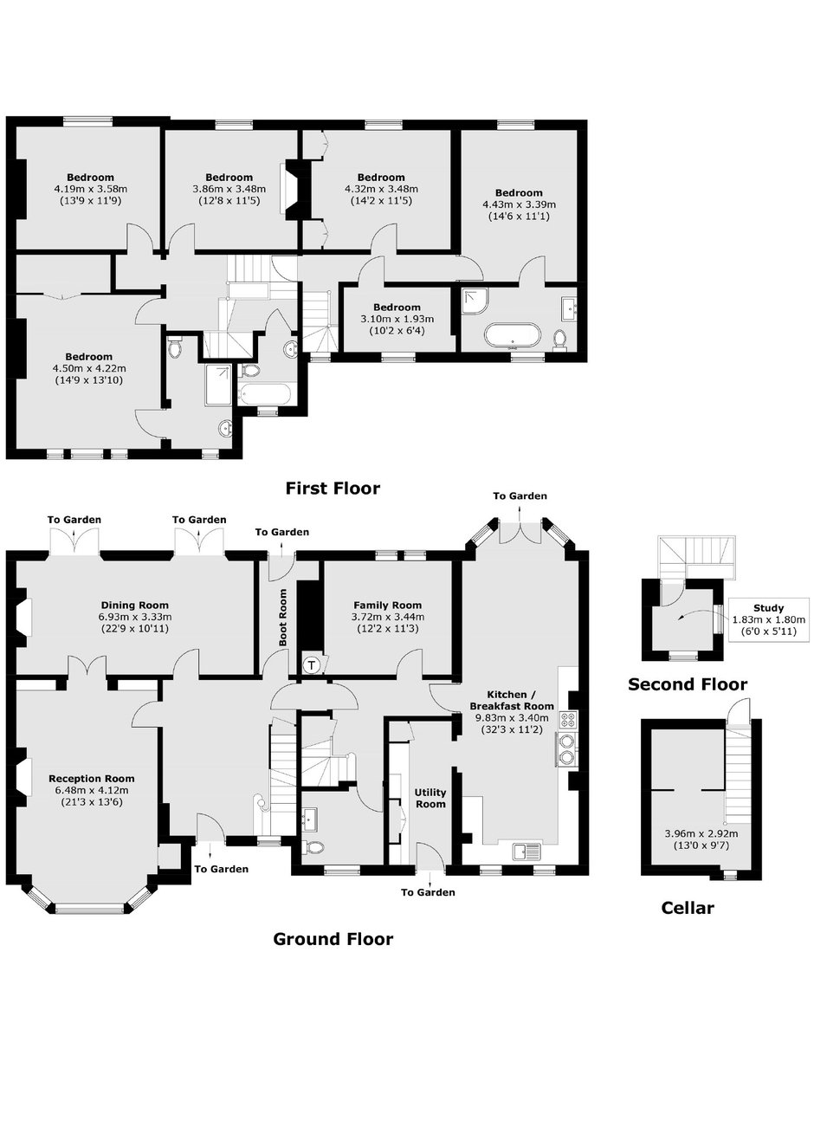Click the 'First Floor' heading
333,488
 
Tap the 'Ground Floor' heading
333,939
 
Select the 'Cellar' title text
688,908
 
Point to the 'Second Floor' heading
688,684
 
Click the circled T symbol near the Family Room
313,665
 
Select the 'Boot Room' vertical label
283,617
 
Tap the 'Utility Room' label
430,799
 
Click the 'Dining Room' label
135,606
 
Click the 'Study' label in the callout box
768,608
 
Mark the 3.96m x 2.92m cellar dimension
701,833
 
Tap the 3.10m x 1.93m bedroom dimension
397,319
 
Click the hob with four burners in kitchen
568,721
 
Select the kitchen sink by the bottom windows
527,852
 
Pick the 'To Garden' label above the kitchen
520,496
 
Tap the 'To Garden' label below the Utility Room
428,892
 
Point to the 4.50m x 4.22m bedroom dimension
89,369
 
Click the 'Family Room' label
387,606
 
